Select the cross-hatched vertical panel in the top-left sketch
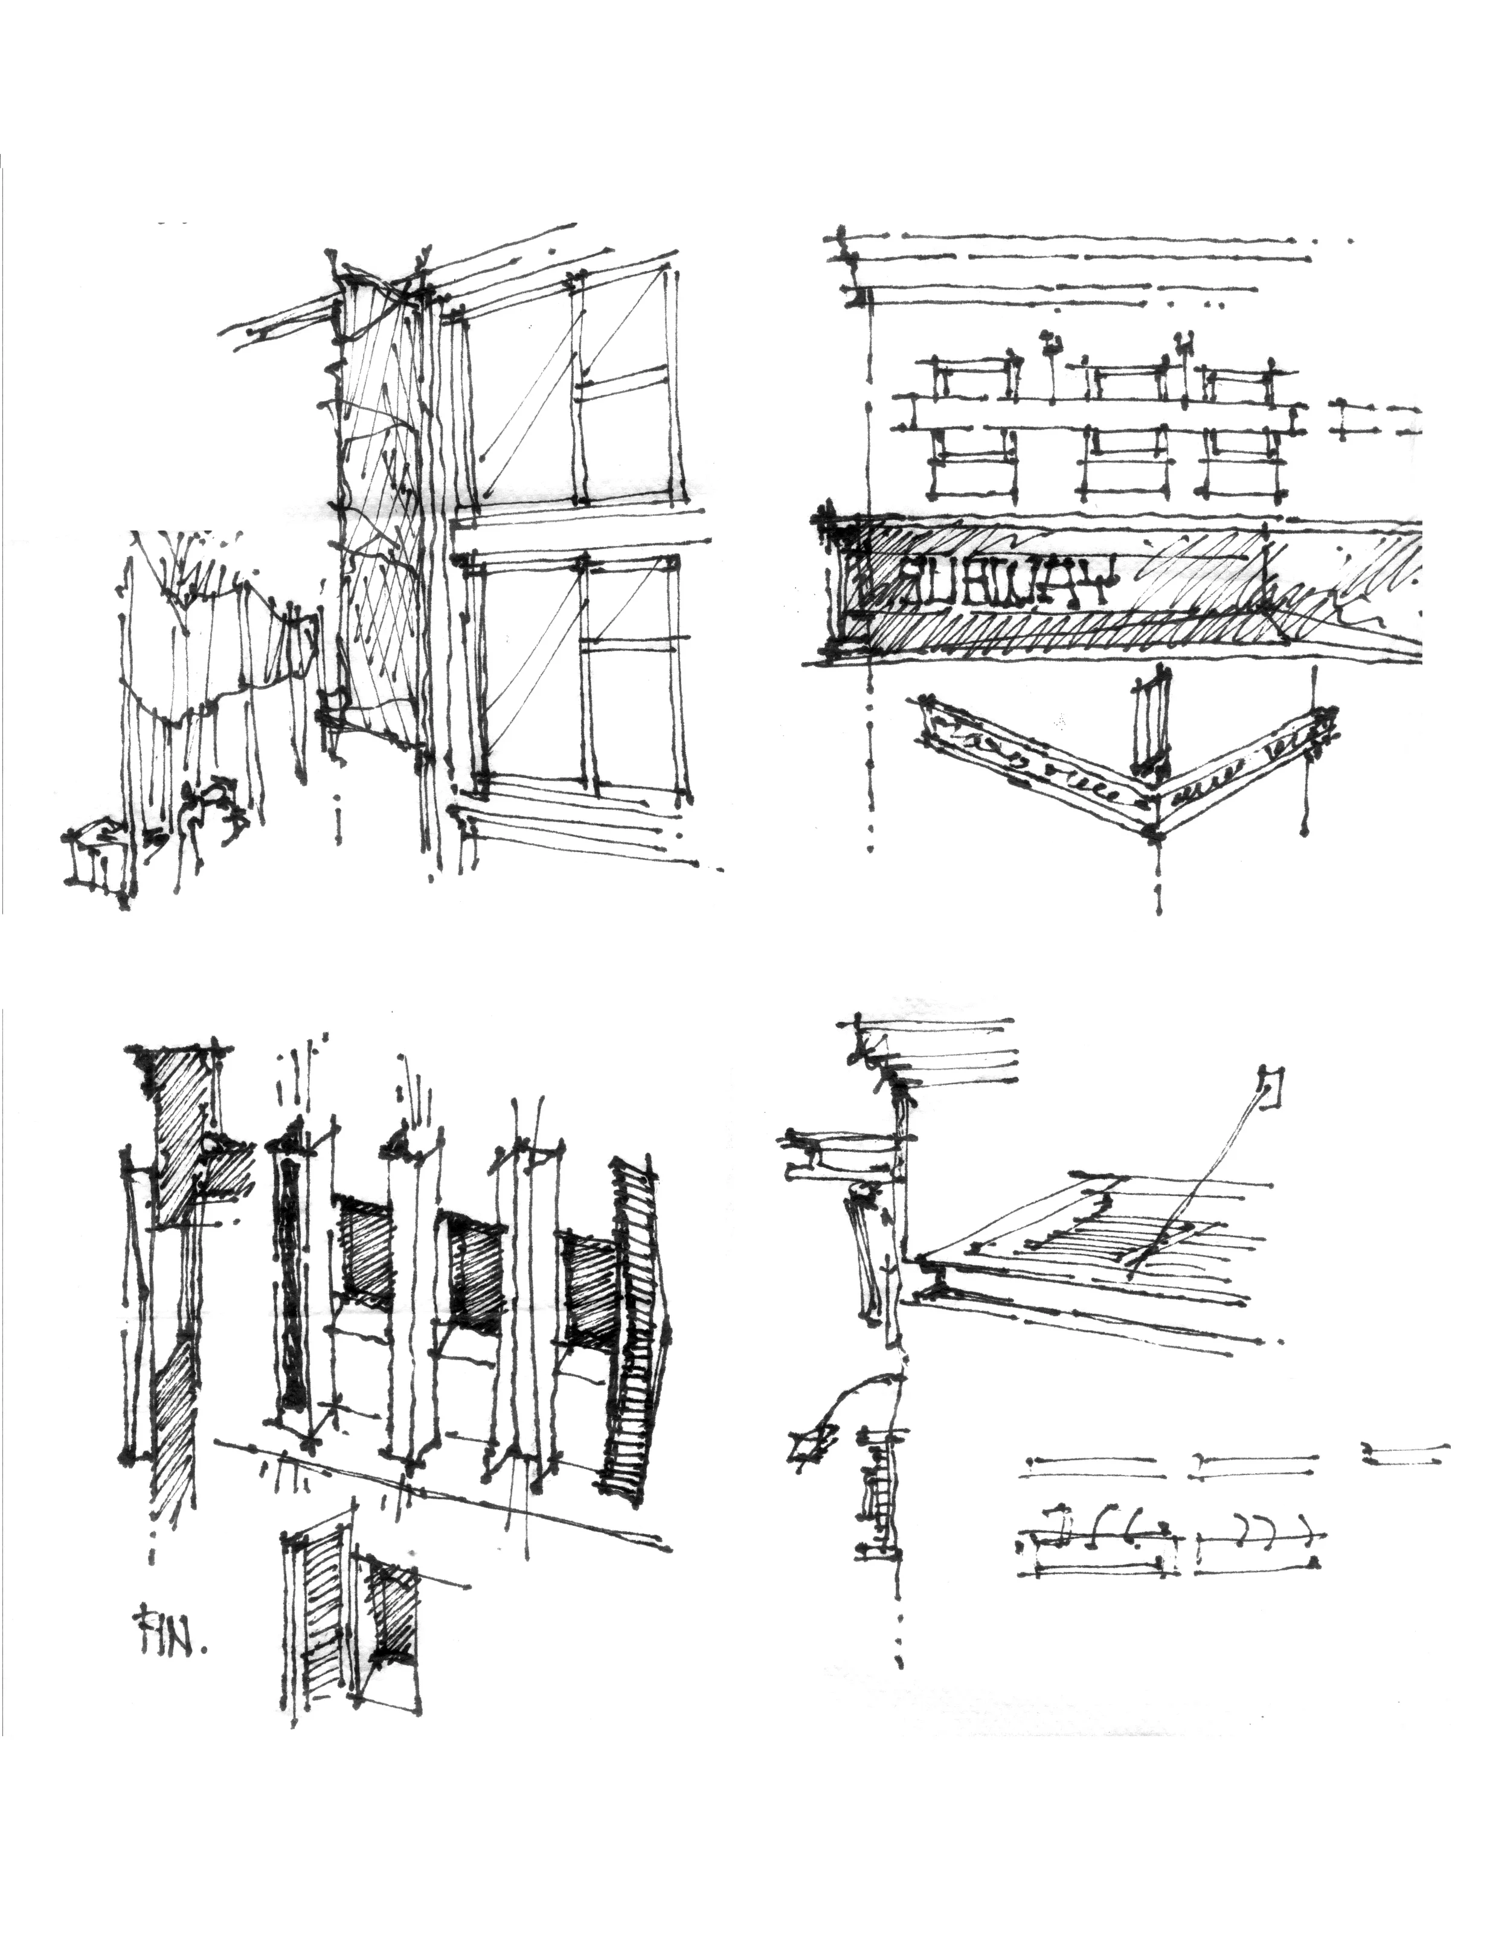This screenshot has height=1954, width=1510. pos(380,501)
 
